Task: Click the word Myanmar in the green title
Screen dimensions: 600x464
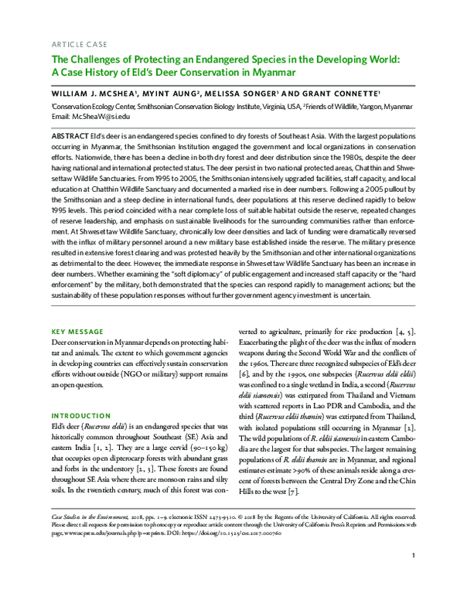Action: (277, 73)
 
